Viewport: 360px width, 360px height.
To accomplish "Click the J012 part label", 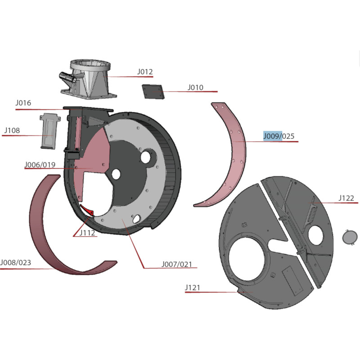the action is tap(145, 72).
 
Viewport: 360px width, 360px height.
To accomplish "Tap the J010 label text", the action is tap(195, 87).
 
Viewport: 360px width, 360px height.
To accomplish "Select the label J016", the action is tap(23, 103).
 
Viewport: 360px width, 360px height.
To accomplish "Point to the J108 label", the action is tap(12, 130).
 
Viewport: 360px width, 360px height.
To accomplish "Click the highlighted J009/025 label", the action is tap(279, 136).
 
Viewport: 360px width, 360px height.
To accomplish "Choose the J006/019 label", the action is tap(40, 165).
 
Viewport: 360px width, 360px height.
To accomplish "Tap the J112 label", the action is tap(87, 233).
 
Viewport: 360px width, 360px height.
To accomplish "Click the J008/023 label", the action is tap(16, 262).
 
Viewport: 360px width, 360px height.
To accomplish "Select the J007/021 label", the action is tap(176, 264).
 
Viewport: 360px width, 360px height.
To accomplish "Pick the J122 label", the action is tap(346, 198).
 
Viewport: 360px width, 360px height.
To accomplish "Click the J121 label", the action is tap(193, 288).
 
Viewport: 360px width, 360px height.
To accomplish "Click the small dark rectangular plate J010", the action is tap(153, 92).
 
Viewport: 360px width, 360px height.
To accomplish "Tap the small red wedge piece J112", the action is tap(87, 210).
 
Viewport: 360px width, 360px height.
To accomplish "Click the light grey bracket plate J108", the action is tap(50, 131).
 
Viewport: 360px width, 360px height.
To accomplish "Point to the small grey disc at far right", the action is tap(350, 237).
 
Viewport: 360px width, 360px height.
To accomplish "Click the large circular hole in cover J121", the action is tap(247, 259).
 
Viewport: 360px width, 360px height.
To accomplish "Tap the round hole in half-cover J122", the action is tap(315, 235).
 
